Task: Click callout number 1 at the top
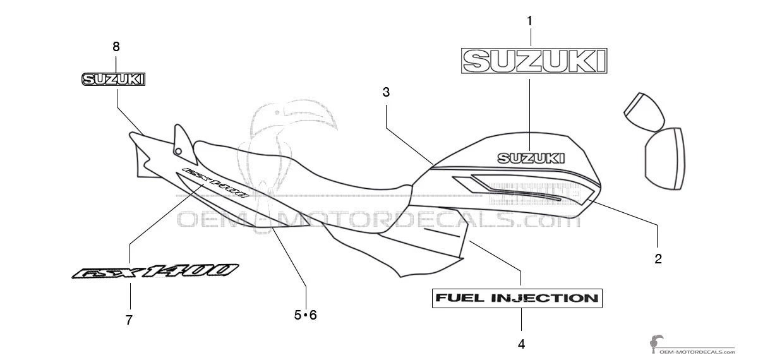pyautogui.click(x=529, y=21)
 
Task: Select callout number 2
pyautogui.click(x=658, y=258)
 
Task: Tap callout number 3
pyautogui.click(x=386, y=92)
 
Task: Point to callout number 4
pyautogui.click(x=521, y=344)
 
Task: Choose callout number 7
pyautogui.click(x=129, y=320)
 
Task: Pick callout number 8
pyautogui.click(x=116, y=46)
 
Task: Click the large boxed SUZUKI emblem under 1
pyautogui.click(x=534, y=61)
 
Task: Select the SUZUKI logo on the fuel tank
pyautogui.click(x=531, y=157)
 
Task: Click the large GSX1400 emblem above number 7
pyautogui.click(x=155, y=272)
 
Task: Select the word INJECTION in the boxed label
pyautogui.click(x=543, y=298)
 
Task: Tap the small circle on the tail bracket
pyautogui.click(x=178, y=151)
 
